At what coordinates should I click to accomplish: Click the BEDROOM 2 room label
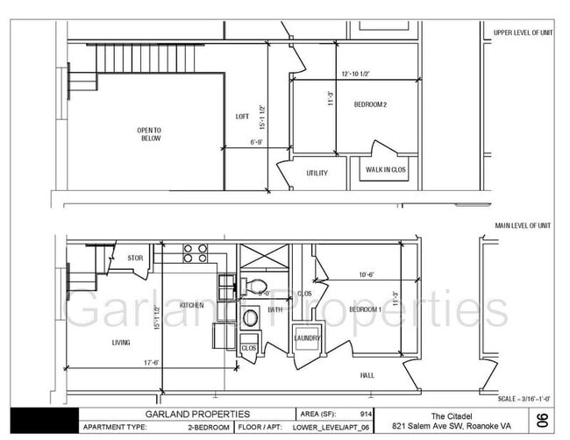(x=370, y=104)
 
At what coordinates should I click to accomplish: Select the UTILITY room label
(x=317, y=173)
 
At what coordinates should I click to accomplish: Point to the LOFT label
(x=242, y=116)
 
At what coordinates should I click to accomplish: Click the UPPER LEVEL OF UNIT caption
(x=524, y=32)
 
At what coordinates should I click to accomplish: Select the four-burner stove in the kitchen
(x=194, y=253)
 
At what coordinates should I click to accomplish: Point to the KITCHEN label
(x=192, y=305)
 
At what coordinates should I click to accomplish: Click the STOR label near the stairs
(x=134, y=258)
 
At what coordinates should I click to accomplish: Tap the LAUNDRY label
(x=307, y=338)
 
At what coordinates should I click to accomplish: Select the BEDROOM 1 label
(x=365, y=309)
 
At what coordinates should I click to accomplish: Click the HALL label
(x=367, y=375)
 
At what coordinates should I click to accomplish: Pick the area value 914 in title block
(x=361, y=414)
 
